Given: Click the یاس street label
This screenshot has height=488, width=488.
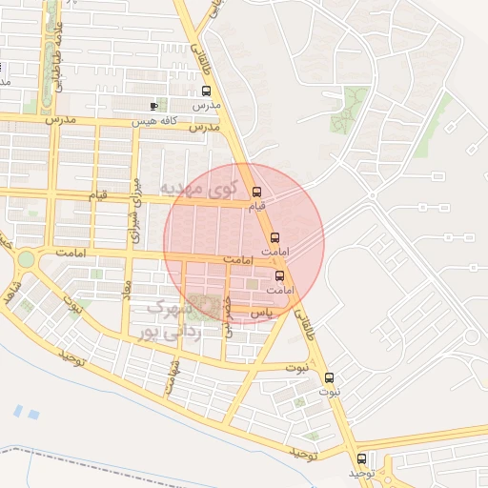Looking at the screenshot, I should click(259, 313).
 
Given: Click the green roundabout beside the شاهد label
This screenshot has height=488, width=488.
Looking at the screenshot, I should click(26, 258).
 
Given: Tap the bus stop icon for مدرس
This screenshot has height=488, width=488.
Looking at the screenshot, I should click(206, 91).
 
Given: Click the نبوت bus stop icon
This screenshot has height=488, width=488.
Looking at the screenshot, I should click(330, 377).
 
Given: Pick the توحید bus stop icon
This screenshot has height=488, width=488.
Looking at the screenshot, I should click(361, 458).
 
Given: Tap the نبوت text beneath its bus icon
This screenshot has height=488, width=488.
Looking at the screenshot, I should click(330, 392).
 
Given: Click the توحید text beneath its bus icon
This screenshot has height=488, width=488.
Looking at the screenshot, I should click(357, 473).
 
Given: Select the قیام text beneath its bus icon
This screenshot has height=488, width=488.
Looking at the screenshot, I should click(256, 206).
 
